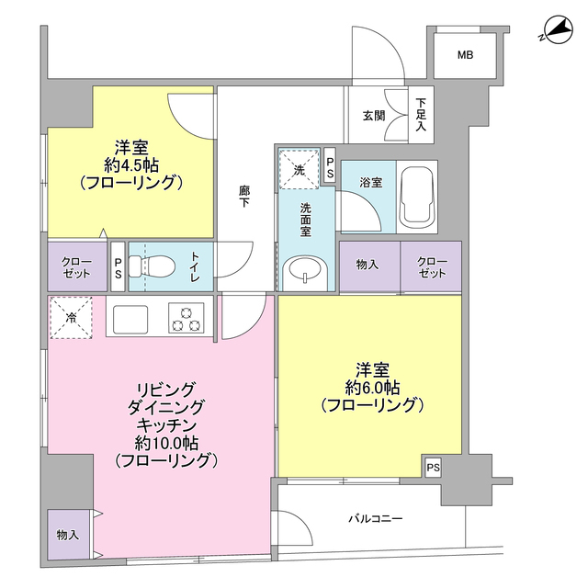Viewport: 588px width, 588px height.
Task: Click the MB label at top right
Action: point(466,56)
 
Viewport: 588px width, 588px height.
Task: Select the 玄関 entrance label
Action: point(374,115)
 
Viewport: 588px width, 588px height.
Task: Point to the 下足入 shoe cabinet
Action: point(421,115)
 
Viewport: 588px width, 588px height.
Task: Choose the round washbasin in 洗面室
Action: point(302,271)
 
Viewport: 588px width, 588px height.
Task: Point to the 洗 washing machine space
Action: point(299,169)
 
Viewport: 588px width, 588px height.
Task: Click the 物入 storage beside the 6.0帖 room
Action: point(367,266)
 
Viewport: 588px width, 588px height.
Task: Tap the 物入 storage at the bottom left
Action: point(67,534)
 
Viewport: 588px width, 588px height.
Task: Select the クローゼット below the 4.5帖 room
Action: point(76,266)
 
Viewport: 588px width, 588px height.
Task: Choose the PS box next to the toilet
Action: point(118,266)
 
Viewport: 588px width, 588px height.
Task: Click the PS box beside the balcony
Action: point(434,468)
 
